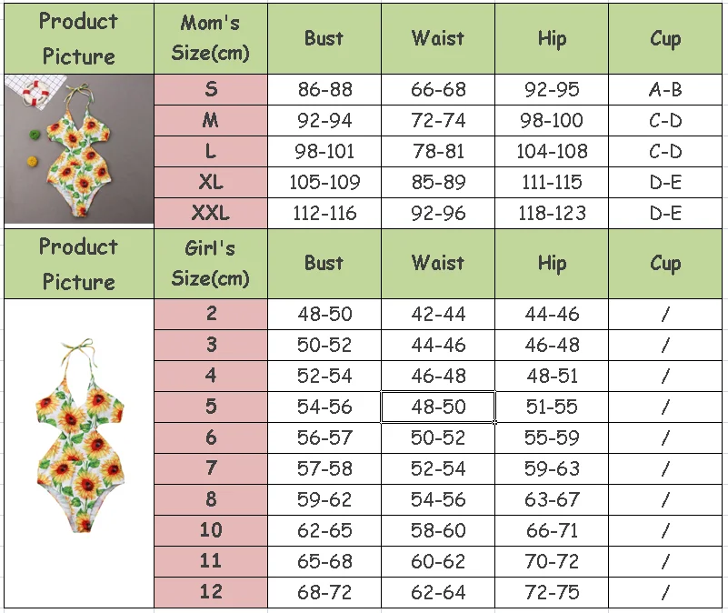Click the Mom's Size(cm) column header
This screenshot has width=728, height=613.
210,38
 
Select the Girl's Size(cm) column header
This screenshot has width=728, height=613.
210,264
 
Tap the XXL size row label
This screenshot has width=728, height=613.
210,213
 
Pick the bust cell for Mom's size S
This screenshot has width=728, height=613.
324,89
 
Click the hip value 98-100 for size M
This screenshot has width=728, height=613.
552,120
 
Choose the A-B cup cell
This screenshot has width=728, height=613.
665,89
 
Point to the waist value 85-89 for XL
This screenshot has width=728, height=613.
438,182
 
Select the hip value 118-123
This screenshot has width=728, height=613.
552,213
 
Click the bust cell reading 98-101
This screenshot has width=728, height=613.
324,151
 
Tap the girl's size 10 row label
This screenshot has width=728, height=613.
210,530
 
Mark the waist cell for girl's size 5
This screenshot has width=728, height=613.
438,407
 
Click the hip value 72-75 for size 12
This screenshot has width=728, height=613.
552,592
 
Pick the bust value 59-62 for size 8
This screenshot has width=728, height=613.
324,499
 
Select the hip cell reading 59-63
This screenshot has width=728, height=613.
552,468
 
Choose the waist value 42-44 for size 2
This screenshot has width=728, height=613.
438,314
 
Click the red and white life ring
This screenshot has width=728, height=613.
35,93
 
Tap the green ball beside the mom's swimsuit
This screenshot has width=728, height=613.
35,135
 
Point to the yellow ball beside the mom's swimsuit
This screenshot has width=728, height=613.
33,161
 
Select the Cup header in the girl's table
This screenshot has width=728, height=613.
665,264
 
